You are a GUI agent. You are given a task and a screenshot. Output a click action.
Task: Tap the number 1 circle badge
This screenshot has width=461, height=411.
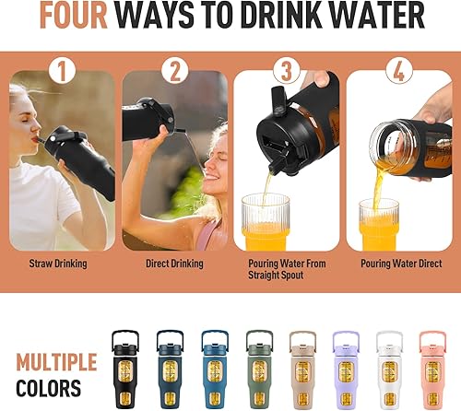[x=62, y=70]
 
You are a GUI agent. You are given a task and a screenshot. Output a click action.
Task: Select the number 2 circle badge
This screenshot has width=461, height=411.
[x=174, y=70]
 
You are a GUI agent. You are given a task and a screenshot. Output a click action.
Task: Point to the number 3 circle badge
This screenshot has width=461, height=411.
[x=286, y=70]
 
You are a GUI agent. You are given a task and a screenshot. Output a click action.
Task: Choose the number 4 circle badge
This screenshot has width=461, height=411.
[x=398, y=70]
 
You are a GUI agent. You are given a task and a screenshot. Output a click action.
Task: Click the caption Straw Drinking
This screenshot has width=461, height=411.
[x=62, y=264]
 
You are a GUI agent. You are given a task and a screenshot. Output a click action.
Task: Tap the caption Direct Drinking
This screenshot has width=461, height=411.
[x=174, y=264]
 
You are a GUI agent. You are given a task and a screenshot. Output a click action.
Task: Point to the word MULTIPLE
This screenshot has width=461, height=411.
[x=55, y=361]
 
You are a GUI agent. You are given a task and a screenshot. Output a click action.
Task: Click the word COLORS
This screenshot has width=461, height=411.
[x=47, y=389]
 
